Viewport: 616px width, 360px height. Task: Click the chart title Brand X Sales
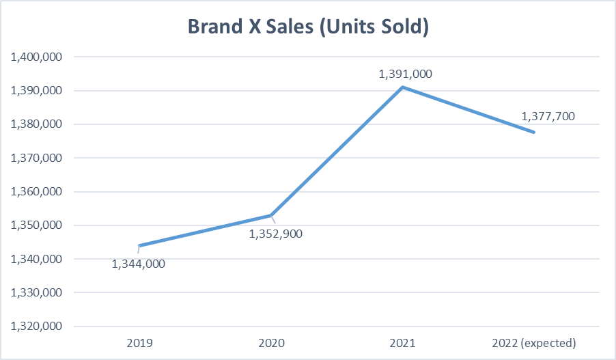pyautogui.click(x=307, y=27)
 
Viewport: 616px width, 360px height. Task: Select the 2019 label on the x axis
pyautogui.click(x=139, y=342)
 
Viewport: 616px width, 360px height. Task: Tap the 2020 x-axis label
pyautogui.click(x=271, y=342)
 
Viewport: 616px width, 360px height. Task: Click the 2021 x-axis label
pyautogui.click(x=403, y=342)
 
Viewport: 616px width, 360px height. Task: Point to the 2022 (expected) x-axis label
pyautogui.click(x=535, y=342)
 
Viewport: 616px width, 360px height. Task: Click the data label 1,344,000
pyautogui.click(x=139, y=263)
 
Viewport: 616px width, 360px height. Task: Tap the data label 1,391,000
pyautogui.click(x=406, y=74)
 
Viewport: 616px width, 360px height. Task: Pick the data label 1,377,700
pyautogui.click(x=548, y=116)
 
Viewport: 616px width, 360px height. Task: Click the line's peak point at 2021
pyautogui.click(x=403, y=87)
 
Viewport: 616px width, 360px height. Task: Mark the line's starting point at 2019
pyautogui.click(x=139, y=245)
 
